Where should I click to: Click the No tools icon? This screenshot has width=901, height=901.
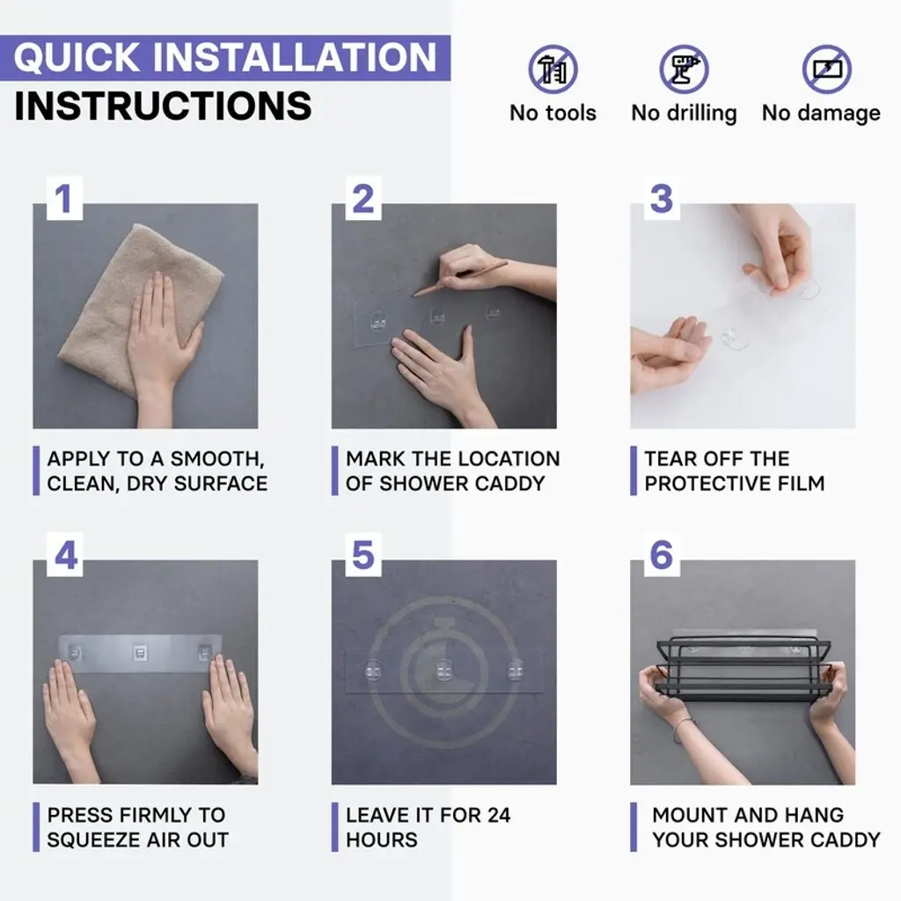[553, 69]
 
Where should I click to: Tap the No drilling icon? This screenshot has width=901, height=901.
[684, 69]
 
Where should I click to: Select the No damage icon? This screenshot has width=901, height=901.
[827, 69]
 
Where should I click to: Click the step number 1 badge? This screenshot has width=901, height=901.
[63, 199]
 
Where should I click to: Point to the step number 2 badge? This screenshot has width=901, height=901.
[363, 199]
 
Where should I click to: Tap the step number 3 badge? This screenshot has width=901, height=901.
[662, 199]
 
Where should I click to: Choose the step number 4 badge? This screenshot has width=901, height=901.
[65, 555]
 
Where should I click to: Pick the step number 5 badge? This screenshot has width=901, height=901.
[363, 555]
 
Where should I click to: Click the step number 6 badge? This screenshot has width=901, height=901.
[662, 555]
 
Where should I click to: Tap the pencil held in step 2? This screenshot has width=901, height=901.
[459, 278]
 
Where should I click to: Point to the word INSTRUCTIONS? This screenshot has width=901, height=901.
[163, 106]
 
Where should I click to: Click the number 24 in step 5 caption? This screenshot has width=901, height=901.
[498, 815]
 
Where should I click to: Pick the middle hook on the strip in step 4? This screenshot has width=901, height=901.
[140, 653]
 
